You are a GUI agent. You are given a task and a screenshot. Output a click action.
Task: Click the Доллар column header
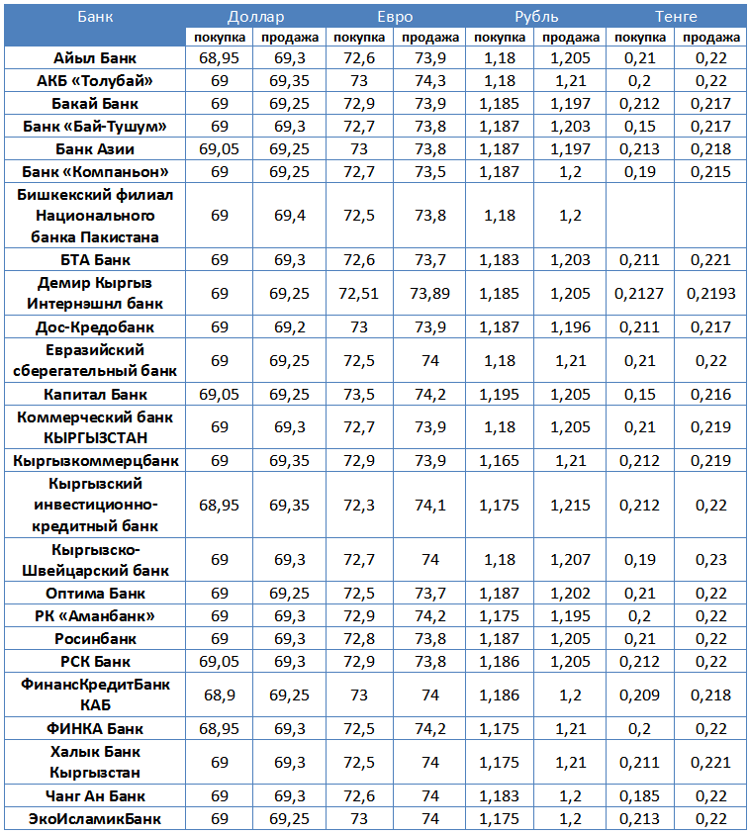[x=255, y=17]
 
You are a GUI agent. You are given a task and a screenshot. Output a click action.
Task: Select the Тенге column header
[x=676, y=17]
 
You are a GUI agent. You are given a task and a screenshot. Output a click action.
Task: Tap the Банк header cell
[x=95, y=17]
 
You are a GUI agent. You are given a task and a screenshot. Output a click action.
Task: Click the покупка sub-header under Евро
[x=359, y=38]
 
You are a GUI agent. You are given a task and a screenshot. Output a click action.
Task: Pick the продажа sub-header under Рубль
[x=571, y=38]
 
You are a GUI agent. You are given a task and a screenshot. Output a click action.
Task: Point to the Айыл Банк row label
[x=95, y=58]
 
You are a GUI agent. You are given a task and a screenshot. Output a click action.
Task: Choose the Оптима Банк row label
[x=95, y=594]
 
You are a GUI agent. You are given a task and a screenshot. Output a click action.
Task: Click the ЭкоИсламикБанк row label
[x=95, y=819]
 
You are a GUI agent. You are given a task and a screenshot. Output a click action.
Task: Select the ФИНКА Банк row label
[x=95, y=729]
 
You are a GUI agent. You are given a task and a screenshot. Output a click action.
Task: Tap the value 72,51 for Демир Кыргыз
[x=359, y=294]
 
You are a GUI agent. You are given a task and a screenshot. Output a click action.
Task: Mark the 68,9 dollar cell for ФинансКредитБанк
[x=219, y=695]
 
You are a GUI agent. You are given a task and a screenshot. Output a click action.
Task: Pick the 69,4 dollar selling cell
[x=289, y=215]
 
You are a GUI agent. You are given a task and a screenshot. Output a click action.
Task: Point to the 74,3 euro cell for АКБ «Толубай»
[x=429, y=81]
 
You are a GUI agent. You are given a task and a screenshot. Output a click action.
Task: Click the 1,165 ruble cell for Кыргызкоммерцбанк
[x=500, y=461]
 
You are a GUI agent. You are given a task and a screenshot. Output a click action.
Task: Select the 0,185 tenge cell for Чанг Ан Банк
[x=640, y=796]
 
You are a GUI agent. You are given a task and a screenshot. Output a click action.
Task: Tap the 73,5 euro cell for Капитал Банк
[x=359, y=395]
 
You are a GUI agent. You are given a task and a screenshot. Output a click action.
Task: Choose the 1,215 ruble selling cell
[x=571, y=506]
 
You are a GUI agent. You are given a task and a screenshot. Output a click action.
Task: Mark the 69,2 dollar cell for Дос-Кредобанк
[x=289, y=327]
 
